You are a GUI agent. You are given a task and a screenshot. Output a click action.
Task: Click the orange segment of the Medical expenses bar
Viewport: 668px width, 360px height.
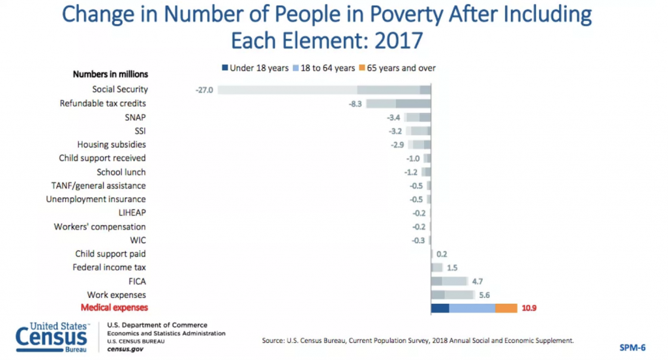tap(506, 308)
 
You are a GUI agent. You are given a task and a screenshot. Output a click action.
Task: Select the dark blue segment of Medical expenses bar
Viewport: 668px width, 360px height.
tap(440, 308)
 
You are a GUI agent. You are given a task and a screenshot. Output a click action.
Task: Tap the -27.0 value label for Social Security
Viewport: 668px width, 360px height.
tap(204, 90)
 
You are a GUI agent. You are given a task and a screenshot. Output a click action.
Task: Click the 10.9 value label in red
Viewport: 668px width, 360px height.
tap(530, 308)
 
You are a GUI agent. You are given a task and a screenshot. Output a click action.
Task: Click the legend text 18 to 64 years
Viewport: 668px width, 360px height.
tap(329, 68)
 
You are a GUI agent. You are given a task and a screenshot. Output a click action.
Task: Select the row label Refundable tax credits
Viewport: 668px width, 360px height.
tap(102, 104)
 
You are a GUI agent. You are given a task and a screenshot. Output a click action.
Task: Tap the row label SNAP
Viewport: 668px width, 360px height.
tap(135, 117)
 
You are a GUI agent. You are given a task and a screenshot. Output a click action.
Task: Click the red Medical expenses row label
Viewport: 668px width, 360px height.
tap(114, 308)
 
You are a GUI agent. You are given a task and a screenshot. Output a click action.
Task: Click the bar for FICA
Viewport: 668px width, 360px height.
tap(449, 281)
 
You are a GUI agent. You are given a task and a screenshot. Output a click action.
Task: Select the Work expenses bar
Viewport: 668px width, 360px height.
tap(452, 295)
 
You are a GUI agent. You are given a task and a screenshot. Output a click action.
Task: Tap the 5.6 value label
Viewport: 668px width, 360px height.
tap(484, 295)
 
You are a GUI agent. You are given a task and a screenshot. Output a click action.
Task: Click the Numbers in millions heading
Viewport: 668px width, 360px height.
tap(110, 74)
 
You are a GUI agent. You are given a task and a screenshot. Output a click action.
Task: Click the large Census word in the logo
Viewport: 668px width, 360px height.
tap(52, 338)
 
